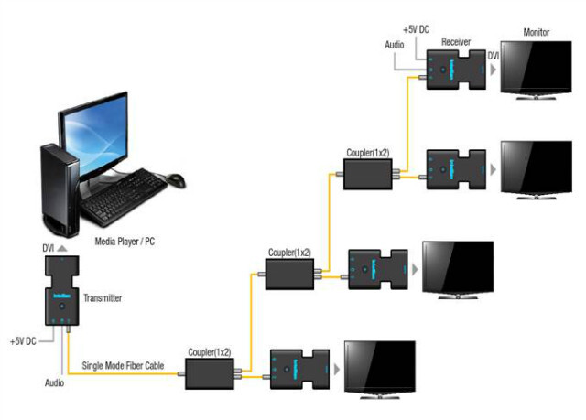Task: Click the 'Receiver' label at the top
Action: (x=455, y=42)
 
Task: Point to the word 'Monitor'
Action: (x=537, y=33)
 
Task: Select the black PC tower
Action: (x=57, y=188)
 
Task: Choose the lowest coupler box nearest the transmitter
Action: (x=210, y=373)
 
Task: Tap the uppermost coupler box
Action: (x=368, y=174)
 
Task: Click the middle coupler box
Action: (x=289, y=273)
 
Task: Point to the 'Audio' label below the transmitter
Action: (x=53, y=382)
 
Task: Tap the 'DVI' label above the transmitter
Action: (x=49, y=248)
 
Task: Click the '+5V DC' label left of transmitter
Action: (x=25, y=341)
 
